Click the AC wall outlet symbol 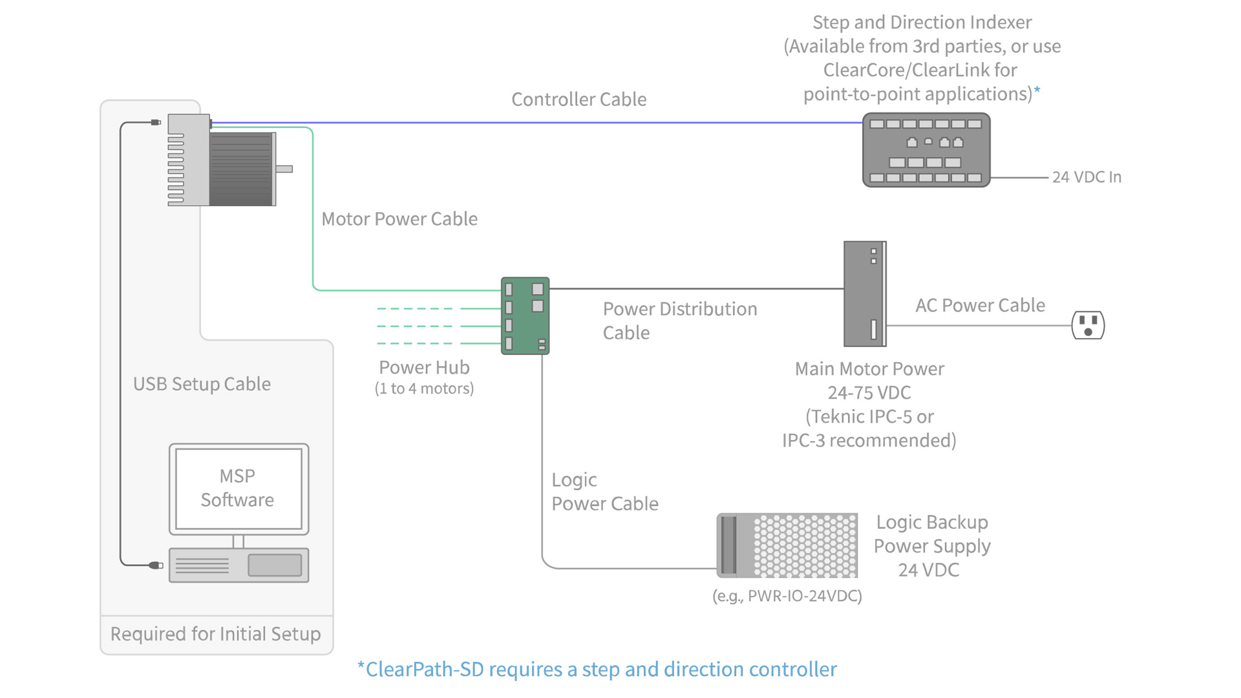tap(1088, 325)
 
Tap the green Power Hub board tap(525, 316)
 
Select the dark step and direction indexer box tap(926, 150)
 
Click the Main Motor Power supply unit tap(864, 294)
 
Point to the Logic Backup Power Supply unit tap(787, 545)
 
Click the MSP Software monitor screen tap(238, 488)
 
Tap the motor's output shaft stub tap(284, 169)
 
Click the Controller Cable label tap(578, 100)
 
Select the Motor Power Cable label tap(399, 219)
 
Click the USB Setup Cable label tap(202, 384)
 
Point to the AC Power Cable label tap(980, 305)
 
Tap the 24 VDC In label tap(1087, 177)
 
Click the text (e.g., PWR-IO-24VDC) tap(787, 596)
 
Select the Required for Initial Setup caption tap(215, 634)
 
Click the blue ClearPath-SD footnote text tap(597, 670)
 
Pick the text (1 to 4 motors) tap(424, 388)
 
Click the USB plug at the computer tap(155, 566)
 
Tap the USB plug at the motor tap(156, 122)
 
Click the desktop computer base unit tap(239, 566)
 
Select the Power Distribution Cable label tap(679, 321)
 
